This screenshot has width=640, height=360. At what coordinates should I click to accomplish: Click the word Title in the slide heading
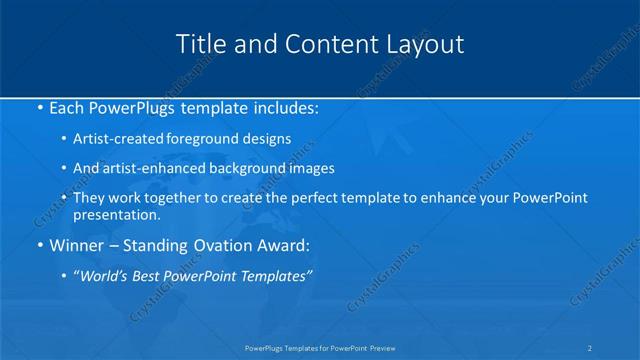pyautogui.click(x=200, y=44)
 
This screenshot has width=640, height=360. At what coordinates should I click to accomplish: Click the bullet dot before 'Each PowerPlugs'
pyautogui.click(x=38, y=107)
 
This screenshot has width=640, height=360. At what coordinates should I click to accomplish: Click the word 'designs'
pyautogui.click(x=267, y=140)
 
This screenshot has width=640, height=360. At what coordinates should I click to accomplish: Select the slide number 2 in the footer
pyautogui.click(x=590, y=348)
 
